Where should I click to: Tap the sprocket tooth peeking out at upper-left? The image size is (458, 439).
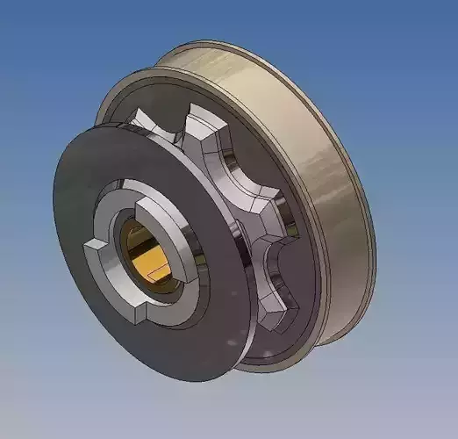[x=149, y=127]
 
